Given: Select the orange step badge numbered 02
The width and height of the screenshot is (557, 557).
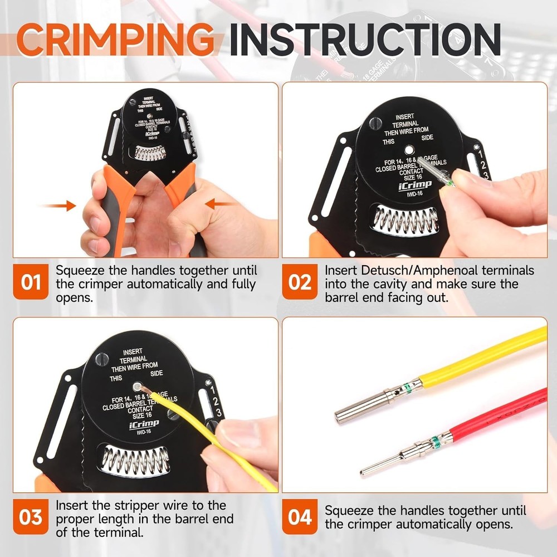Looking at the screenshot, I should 300,282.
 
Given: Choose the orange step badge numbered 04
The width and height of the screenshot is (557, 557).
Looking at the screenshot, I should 300,517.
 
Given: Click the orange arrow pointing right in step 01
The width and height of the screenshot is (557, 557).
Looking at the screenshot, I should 60,206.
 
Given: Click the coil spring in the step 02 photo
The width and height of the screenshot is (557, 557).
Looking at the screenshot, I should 405,220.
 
